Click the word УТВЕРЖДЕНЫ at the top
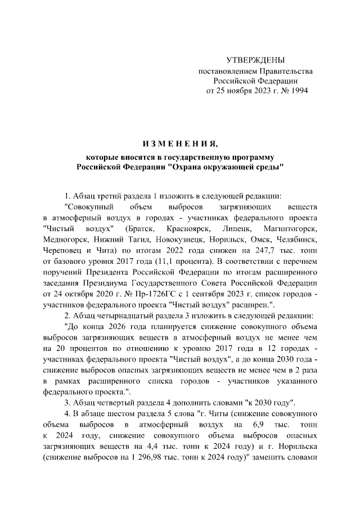click(255, 60)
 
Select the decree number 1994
click(296, 90)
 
